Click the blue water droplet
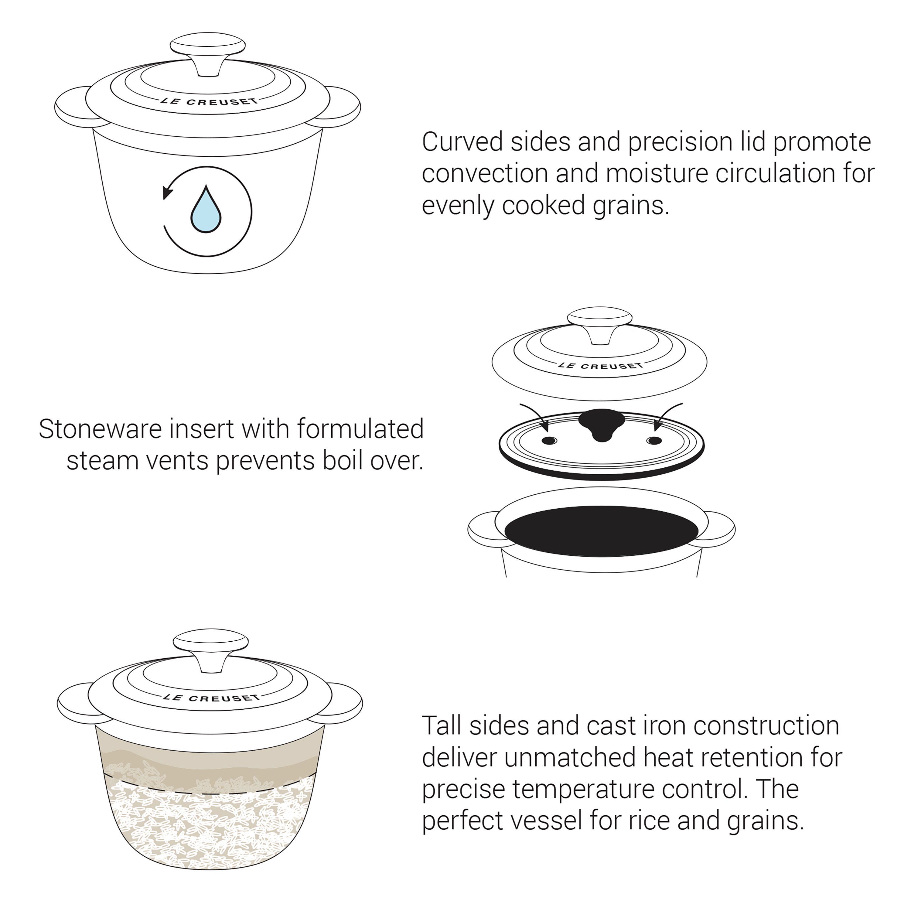(206, 213)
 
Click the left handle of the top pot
(71, 107)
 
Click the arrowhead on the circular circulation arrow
(167, 193)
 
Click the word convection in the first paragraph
(485, 173)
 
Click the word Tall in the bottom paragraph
(441, 726)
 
